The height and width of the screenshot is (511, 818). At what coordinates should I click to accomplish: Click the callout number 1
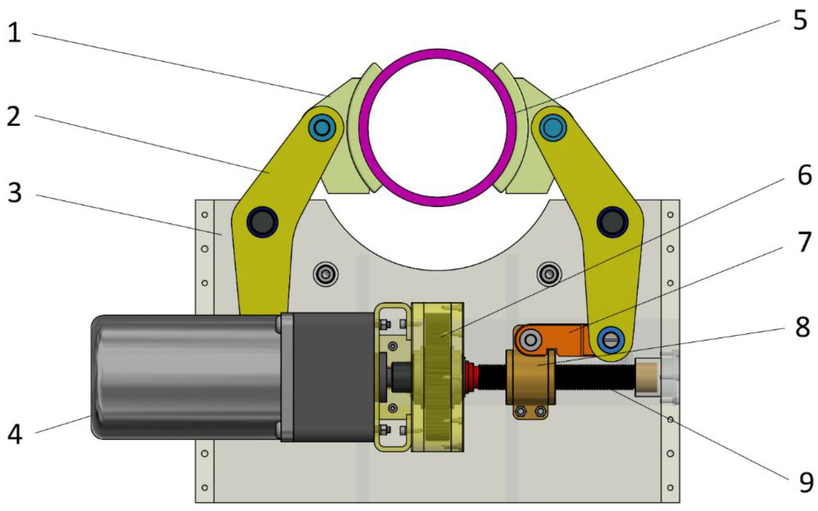(14, 33)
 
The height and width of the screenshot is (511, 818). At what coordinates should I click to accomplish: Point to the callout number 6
(804, 175)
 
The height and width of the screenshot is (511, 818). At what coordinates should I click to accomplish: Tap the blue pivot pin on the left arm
(322, 128)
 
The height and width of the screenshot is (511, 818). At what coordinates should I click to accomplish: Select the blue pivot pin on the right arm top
(553, 127)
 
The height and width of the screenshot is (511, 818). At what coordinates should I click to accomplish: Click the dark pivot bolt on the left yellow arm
(262, 222)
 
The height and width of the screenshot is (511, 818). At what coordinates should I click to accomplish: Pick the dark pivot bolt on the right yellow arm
(612, 222)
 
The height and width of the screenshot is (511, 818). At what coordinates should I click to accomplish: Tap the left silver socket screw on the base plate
(325, 274)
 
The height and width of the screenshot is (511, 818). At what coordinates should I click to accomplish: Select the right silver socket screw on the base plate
(549, 274)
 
